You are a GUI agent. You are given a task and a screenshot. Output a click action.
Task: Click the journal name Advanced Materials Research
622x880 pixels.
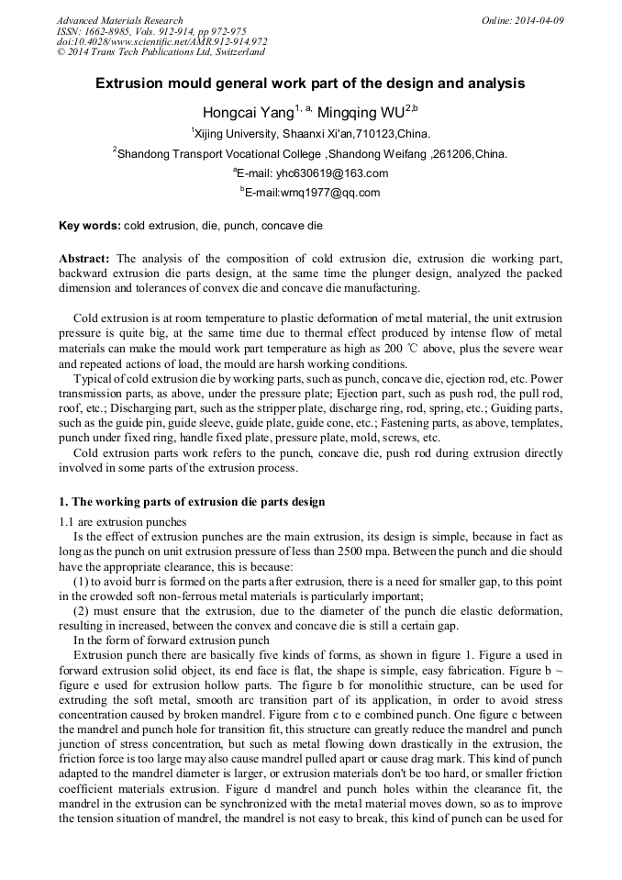[x=119, y=20]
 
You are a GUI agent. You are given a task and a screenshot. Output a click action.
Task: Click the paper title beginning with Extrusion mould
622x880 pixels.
[x=310, y=84]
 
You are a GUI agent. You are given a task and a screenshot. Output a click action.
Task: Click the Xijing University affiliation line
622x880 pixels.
[x=310, y=134]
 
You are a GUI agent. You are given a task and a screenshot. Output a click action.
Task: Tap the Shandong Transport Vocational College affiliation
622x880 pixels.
[x=310, y=154]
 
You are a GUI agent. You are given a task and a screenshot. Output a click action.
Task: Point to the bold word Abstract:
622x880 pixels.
[x=84, y=260]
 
